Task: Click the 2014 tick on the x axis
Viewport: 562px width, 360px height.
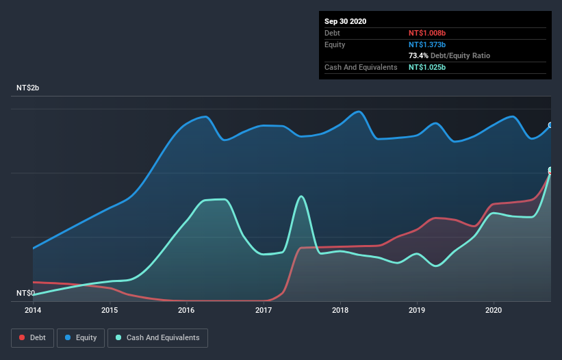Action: pyautogui.click(x=33, y=309)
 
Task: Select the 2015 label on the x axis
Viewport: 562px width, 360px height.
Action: pyautogui.click(x=110, y=309)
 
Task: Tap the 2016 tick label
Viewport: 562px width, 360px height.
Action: pyautogui.click(x=186, y=309)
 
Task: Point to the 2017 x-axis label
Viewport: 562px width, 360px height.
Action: pyautogui.click(x=264, y=309)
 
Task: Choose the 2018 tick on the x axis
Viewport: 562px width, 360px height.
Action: pyautogui.click(x=340, y=309)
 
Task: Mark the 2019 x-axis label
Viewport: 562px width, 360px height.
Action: pyautogui.click(x=417, y=309)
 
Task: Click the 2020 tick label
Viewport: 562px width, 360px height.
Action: pyautogui.click(x=494, y=309)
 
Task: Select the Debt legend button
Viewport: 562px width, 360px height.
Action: pyautogui.click(x=32, y=337)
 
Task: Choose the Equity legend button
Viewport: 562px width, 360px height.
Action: pyautogui.click(x=81, y=337)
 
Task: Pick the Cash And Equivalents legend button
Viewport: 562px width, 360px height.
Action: pyautogui.click(x=157, y=337)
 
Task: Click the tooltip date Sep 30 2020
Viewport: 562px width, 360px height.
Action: pyautogui.click(x=346, y=21)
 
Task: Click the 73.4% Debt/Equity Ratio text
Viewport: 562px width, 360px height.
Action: pyautogui.click(x=449, y=55)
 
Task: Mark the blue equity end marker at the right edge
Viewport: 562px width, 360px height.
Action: pyautogui.click(x=550, y=125)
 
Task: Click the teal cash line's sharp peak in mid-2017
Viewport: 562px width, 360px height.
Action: pyautogui.click(x=301, y=197)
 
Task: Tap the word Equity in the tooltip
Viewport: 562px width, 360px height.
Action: pyautogui.click(x=335, y=44)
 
